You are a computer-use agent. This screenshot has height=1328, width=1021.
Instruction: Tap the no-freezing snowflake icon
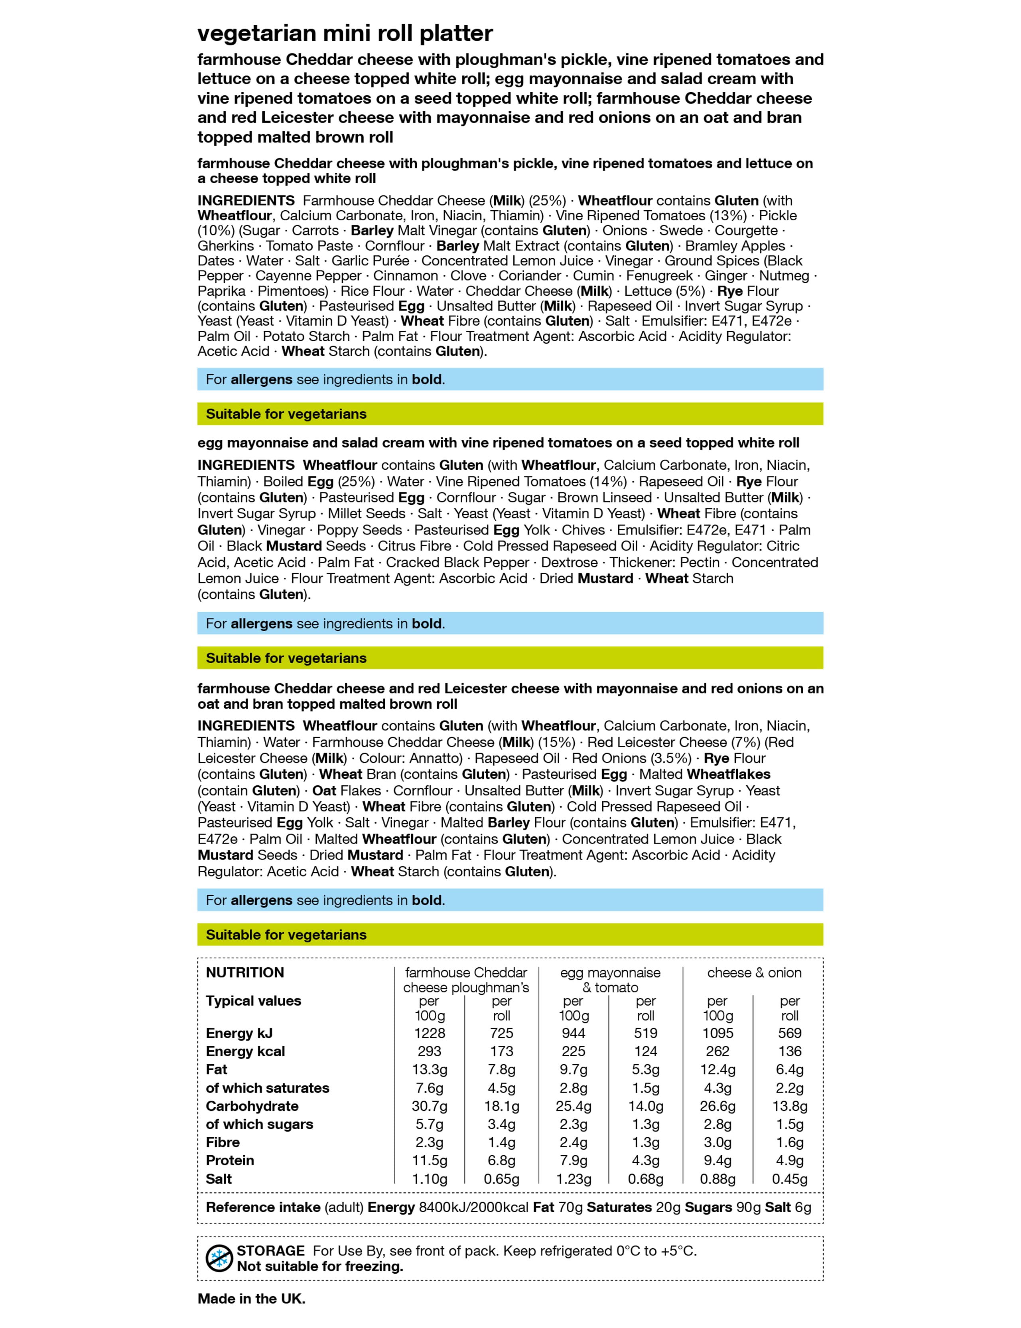tap(219, 1258)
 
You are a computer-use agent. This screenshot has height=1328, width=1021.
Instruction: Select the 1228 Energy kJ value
tap(430, 1033)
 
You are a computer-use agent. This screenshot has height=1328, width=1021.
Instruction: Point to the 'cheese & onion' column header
tap(754, 973)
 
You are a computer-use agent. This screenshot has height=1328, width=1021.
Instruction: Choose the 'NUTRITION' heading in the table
tap(245, 973)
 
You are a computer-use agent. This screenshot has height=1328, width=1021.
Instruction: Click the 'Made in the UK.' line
tap(251, 1299)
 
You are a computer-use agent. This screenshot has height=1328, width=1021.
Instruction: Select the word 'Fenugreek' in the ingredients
tap(659, 276)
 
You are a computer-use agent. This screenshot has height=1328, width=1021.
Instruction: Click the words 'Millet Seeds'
tap(367, 514)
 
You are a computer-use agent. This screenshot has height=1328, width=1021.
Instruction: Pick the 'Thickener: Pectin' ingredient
tap(664, 563)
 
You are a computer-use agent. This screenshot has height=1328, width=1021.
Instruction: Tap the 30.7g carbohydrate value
tap(430, 1106)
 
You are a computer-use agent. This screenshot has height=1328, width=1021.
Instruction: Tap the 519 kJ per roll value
tap(645, 1033)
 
